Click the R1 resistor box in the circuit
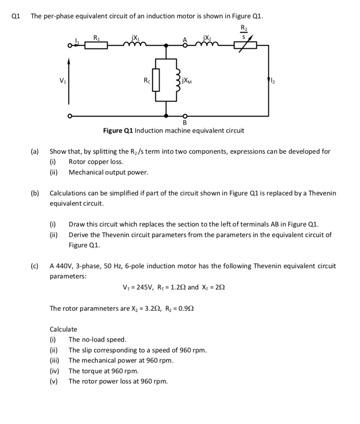click(96, 45)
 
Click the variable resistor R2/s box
click(245, 45)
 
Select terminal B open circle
click(185, 116)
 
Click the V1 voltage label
click(63, 80)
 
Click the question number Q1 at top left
click(16, 17)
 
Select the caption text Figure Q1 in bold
click(118, 131)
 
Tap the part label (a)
click(35, 152)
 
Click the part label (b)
click(35, 193)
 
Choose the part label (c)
click(35, 266)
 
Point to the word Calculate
click(63, 329)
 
